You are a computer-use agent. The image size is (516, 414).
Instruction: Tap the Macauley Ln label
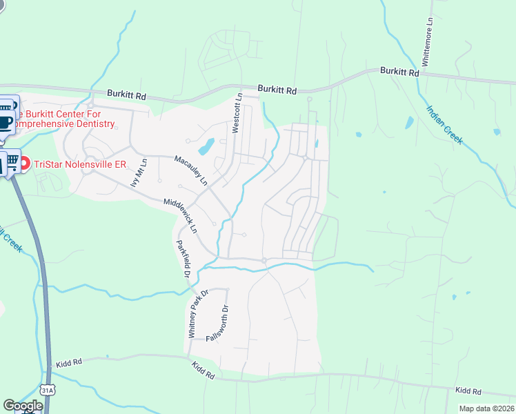click(x=190, y=171)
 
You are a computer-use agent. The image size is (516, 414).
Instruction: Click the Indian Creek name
click(x=444, y=124)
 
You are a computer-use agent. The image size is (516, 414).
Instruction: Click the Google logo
click(x=23, y=406)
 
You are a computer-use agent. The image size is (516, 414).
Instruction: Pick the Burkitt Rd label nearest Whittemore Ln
click(x=399, y=72)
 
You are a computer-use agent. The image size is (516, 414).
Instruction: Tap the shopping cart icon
click(x=12, y=162)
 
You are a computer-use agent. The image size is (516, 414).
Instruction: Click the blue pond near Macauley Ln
click(x=206, y=146)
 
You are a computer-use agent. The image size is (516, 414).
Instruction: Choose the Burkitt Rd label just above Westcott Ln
click(x=277, y=90)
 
